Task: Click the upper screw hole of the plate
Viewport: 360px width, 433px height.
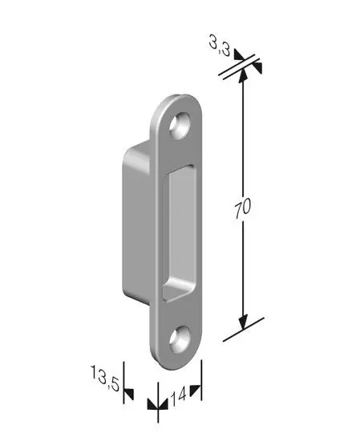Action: tap(180, 126)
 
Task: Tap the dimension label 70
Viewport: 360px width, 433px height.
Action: tap(243, 207)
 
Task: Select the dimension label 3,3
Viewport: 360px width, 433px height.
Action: tap(220, 47)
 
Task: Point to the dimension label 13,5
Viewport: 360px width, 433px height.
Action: tap(105, 378)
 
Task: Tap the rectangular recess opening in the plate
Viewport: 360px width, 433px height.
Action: tap(179, 233)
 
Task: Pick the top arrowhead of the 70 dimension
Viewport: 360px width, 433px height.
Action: tap(243, 75)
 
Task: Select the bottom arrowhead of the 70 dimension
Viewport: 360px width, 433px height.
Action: tap(243, 323)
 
